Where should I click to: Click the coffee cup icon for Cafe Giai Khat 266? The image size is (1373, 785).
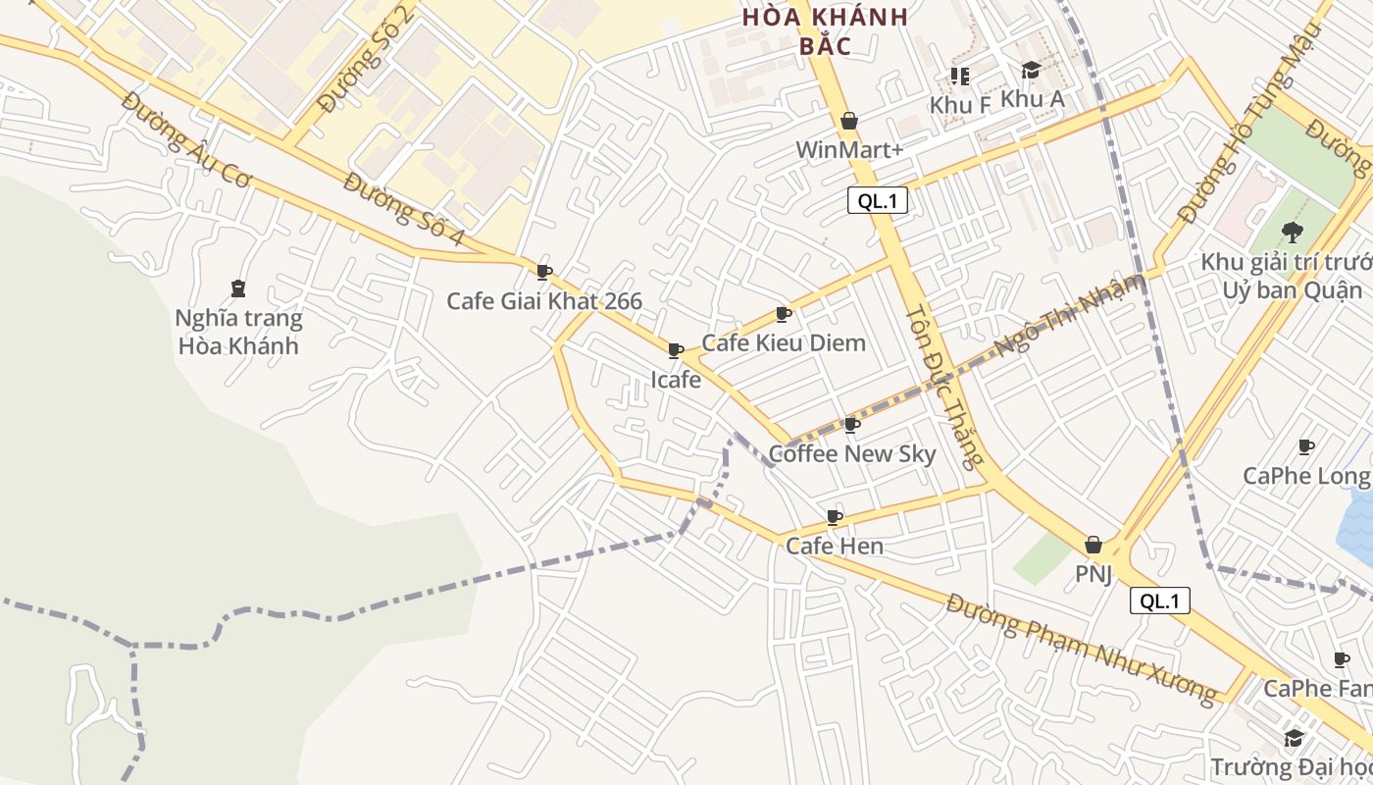544,272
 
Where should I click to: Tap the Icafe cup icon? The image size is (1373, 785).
676,350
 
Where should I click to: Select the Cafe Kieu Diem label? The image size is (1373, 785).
784,342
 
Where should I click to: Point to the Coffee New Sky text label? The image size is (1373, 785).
851,454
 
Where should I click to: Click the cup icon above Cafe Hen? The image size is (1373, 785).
835,517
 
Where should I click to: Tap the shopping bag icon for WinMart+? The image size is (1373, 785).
849,121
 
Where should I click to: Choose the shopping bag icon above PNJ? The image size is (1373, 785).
1093,545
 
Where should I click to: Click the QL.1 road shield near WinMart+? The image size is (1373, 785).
878,201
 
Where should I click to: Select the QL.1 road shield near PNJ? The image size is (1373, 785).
1160,601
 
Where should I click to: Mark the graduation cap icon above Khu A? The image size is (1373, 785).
1031,71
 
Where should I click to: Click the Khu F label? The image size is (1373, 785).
959,104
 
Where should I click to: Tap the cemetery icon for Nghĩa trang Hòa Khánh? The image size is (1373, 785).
237,288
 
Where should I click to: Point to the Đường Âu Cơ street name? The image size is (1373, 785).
187,137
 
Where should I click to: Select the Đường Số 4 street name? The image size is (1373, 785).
404,210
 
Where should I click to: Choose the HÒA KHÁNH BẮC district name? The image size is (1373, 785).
824,30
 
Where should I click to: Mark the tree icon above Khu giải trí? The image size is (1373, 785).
1293,233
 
